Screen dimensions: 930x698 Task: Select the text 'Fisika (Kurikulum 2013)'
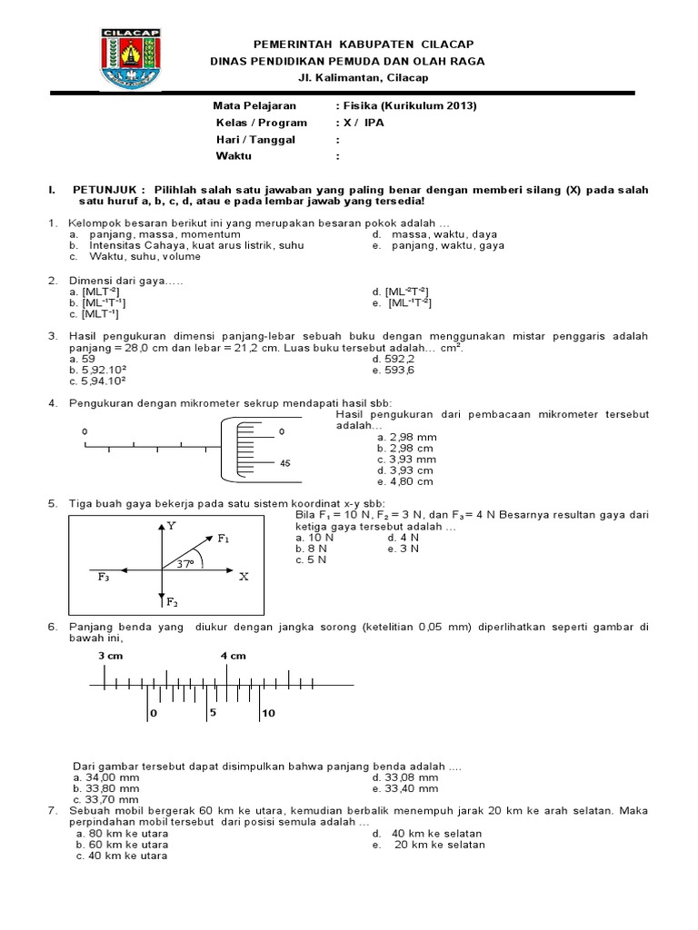coord(409,106)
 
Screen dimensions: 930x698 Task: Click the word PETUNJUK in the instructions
coord(102,190)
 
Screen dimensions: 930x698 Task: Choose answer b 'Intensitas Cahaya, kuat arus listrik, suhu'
coord(195,245)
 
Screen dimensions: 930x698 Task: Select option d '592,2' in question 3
coord(400,359)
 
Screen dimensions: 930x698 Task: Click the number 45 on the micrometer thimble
coord(285,463)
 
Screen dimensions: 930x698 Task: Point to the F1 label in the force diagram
coord(224,539)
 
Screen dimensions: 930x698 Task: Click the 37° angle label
coord(186,564)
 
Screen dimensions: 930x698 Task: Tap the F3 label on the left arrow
coord(104,577)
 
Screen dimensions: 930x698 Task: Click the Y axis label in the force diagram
coord(171,526)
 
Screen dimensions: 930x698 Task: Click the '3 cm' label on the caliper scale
coord(110,656)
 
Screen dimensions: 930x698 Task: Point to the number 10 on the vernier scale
coord(268,714)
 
